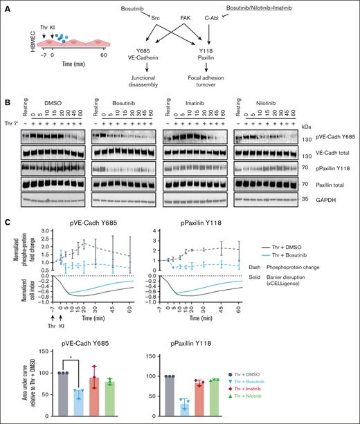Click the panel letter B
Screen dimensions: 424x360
coord(6,102)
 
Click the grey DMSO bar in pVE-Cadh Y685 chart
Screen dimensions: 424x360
coord(48,394)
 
